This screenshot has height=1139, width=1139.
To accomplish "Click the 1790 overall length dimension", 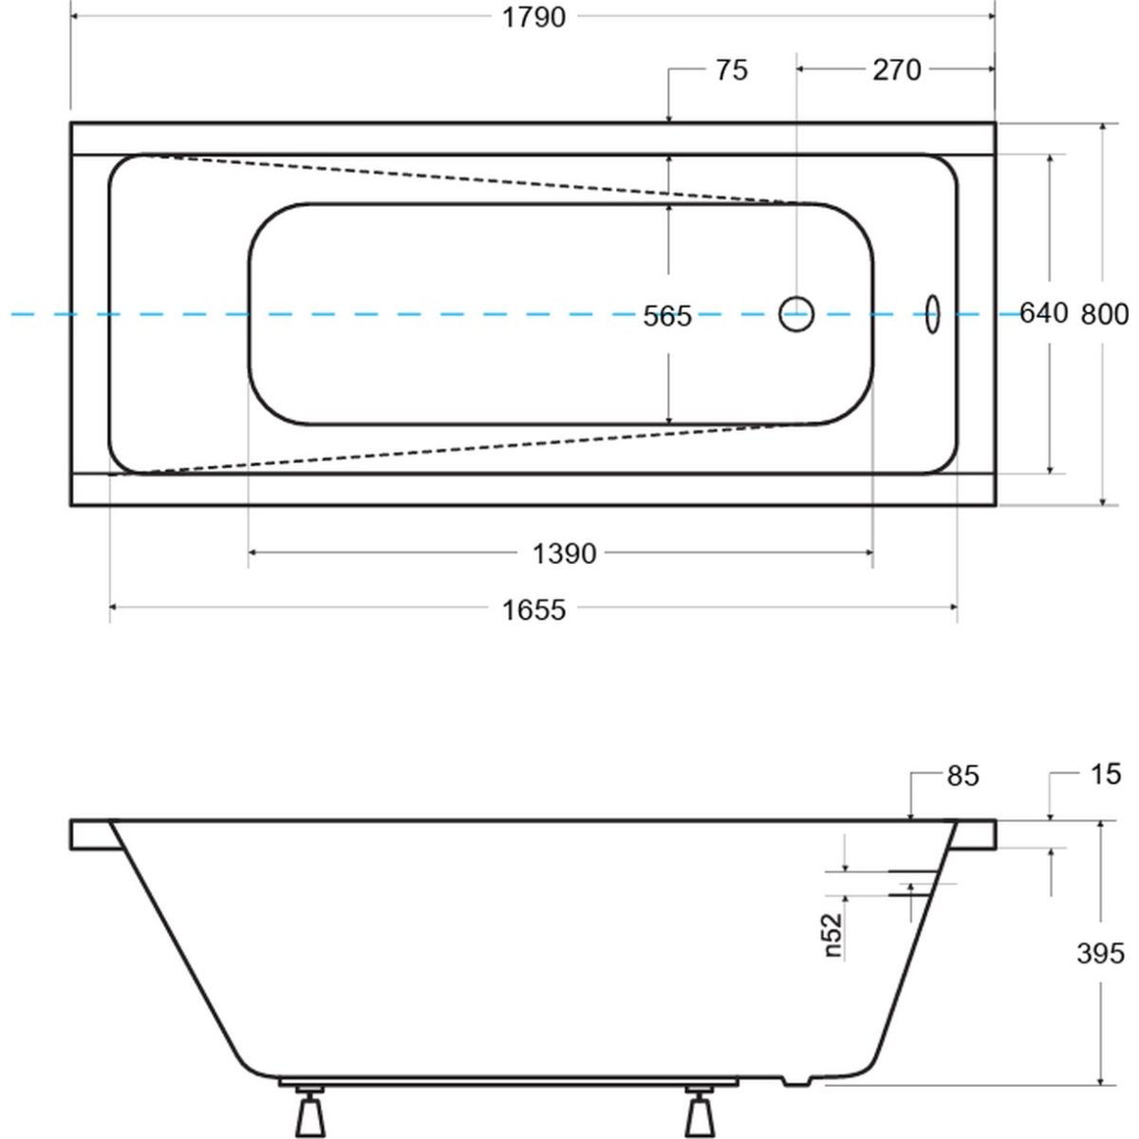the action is pyautogui.click(x=533, y=18).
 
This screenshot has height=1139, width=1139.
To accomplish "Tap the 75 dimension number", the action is pyautogui.click(x=732, y=70).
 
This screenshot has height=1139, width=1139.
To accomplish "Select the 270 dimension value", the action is pyautogui.click(x=897, y=70).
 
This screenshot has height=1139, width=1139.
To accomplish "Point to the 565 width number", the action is pyautogui.click(x=667, y=316).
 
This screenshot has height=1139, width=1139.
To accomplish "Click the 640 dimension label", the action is pyautogui.click(x=1044, y=313).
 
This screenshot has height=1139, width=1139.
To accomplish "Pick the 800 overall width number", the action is pyautogui.click(x=1105, y=314).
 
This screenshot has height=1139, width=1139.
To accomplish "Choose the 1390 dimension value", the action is pyautogui.click(x=565, y=553).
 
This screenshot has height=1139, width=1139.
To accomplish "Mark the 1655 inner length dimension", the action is pyautogui.click(x=533, y=609).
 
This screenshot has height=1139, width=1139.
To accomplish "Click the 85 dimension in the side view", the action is pyautogui.click(x=962, y=775).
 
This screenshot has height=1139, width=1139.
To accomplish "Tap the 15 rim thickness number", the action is pyautogui.click(x=1105, y=775).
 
